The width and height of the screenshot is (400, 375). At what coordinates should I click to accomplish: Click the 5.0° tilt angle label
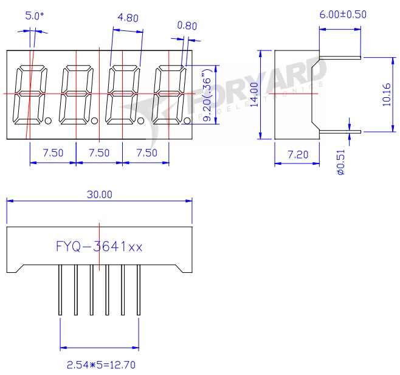35,16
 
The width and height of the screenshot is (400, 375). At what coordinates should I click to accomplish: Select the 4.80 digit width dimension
128,18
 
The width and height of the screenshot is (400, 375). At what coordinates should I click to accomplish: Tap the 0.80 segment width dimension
187,26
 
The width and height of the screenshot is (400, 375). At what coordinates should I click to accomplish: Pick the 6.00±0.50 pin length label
343,15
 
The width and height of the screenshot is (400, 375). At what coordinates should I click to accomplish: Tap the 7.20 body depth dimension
297,156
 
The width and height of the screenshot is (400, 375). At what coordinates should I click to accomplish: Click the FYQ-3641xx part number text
99,246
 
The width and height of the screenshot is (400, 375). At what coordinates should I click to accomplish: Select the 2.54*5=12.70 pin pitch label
100,365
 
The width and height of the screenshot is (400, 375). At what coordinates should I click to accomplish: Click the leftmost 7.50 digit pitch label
53,153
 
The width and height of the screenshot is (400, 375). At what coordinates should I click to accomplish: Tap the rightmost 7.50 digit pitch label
146,153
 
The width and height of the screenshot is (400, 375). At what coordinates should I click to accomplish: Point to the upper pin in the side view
340,58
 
